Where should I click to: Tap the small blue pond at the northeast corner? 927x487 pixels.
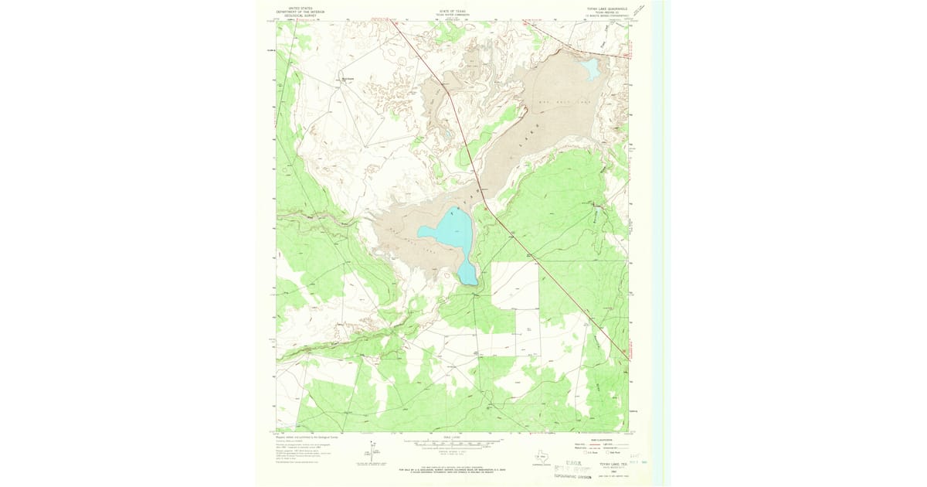(590, 70)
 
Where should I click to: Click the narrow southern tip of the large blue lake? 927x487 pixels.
(467, 274)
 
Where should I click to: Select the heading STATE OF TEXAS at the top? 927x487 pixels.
(453, 12)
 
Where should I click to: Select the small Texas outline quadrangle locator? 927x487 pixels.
(539, 457)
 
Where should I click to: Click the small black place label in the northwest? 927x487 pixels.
(347, 77)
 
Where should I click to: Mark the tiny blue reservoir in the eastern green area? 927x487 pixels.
(596, 207)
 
